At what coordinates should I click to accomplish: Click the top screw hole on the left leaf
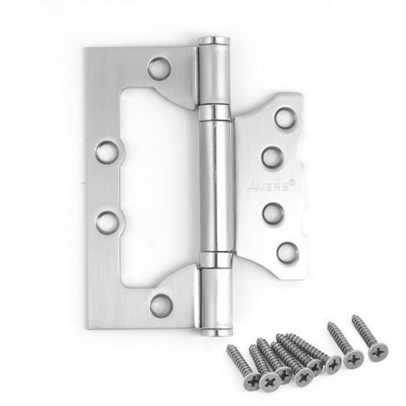tap(160, 68)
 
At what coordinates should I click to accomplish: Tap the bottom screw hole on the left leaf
tap(161, 304)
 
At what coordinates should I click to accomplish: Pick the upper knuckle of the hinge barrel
tap(214, 77)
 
